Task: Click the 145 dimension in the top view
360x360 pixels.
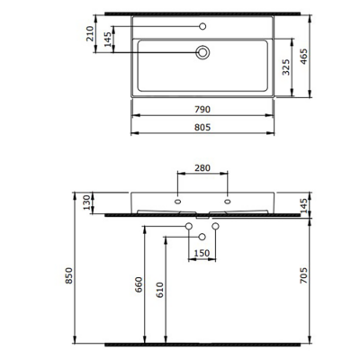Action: (108, 40)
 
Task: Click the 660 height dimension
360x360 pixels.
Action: (139, 286)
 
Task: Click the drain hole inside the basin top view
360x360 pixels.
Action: (202, 52)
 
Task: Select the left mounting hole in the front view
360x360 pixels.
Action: (178, 201)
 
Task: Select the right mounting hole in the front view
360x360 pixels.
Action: (227, 201)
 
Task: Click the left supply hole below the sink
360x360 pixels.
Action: (189, 225)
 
